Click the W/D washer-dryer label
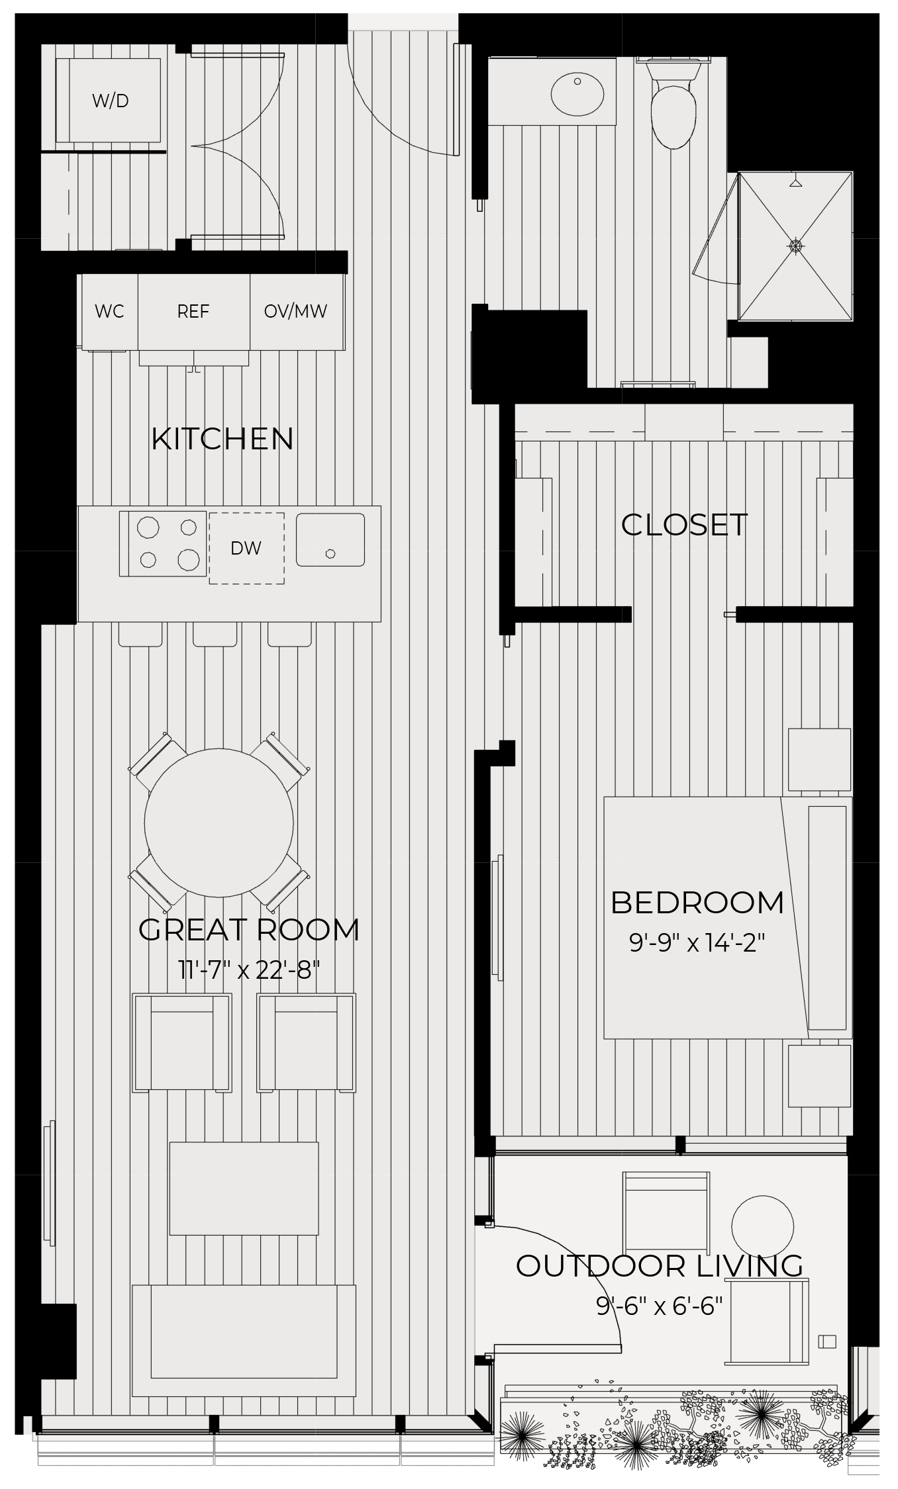coord(110,101)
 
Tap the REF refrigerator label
coord(193,312)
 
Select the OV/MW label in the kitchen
coord(295,312)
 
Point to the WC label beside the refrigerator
coord(109,312)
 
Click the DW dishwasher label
coord(246,548)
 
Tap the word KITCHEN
coord(223,439)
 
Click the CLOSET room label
coord(684,525)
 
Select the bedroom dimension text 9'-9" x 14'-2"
coord(697,942)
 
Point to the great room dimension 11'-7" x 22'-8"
coord(249,971)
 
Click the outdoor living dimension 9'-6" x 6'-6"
coord(659,1306)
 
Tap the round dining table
coord(219,823)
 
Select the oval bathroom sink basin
coord(577,94)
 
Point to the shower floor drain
coord(795,246)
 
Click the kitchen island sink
coord(330,539)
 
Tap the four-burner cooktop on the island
coord(163,544)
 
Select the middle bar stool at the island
coord(215,634)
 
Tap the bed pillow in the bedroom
coord(827,918)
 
